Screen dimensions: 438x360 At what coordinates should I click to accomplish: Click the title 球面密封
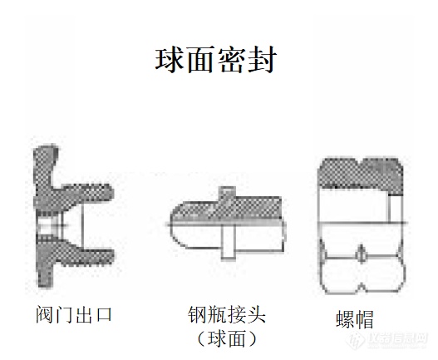tap(216, 60)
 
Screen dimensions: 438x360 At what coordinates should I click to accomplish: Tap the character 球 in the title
tap(170, 60)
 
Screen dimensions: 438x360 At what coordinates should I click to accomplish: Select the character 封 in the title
tap(263, 60)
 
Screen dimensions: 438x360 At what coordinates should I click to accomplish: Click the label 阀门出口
tap(74, 315)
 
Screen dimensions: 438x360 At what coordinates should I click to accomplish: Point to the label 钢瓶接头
tap(227, 315)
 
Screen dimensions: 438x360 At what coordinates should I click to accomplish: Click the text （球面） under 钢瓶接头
tap(227, 338)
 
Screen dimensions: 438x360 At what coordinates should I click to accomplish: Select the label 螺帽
tap(355, 319)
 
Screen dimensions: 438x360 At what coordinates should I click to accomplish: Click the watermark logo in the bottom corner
tap(387, 340)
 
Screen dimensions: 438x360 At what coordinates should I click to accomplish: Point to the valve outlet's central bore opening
tap(50, 226)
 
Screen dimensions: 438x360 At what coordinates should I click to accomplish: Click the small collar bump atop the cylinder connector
tap(227, 192)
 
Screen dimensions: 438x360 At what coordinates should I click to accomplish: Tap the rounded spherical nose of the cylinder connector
tap(179, 224)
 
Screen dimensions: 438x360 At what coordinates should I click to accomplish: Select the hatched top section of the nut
tap(362, 175)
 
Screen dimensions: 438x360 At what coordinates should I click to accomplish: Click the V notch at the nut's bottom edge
tap(362, 288)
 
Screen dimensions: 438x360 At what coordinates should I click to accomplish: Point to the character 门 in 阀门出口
tap(64, 315)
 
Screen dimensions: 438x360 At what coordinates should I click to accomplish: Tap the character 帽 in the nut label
tap(365, 319)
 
